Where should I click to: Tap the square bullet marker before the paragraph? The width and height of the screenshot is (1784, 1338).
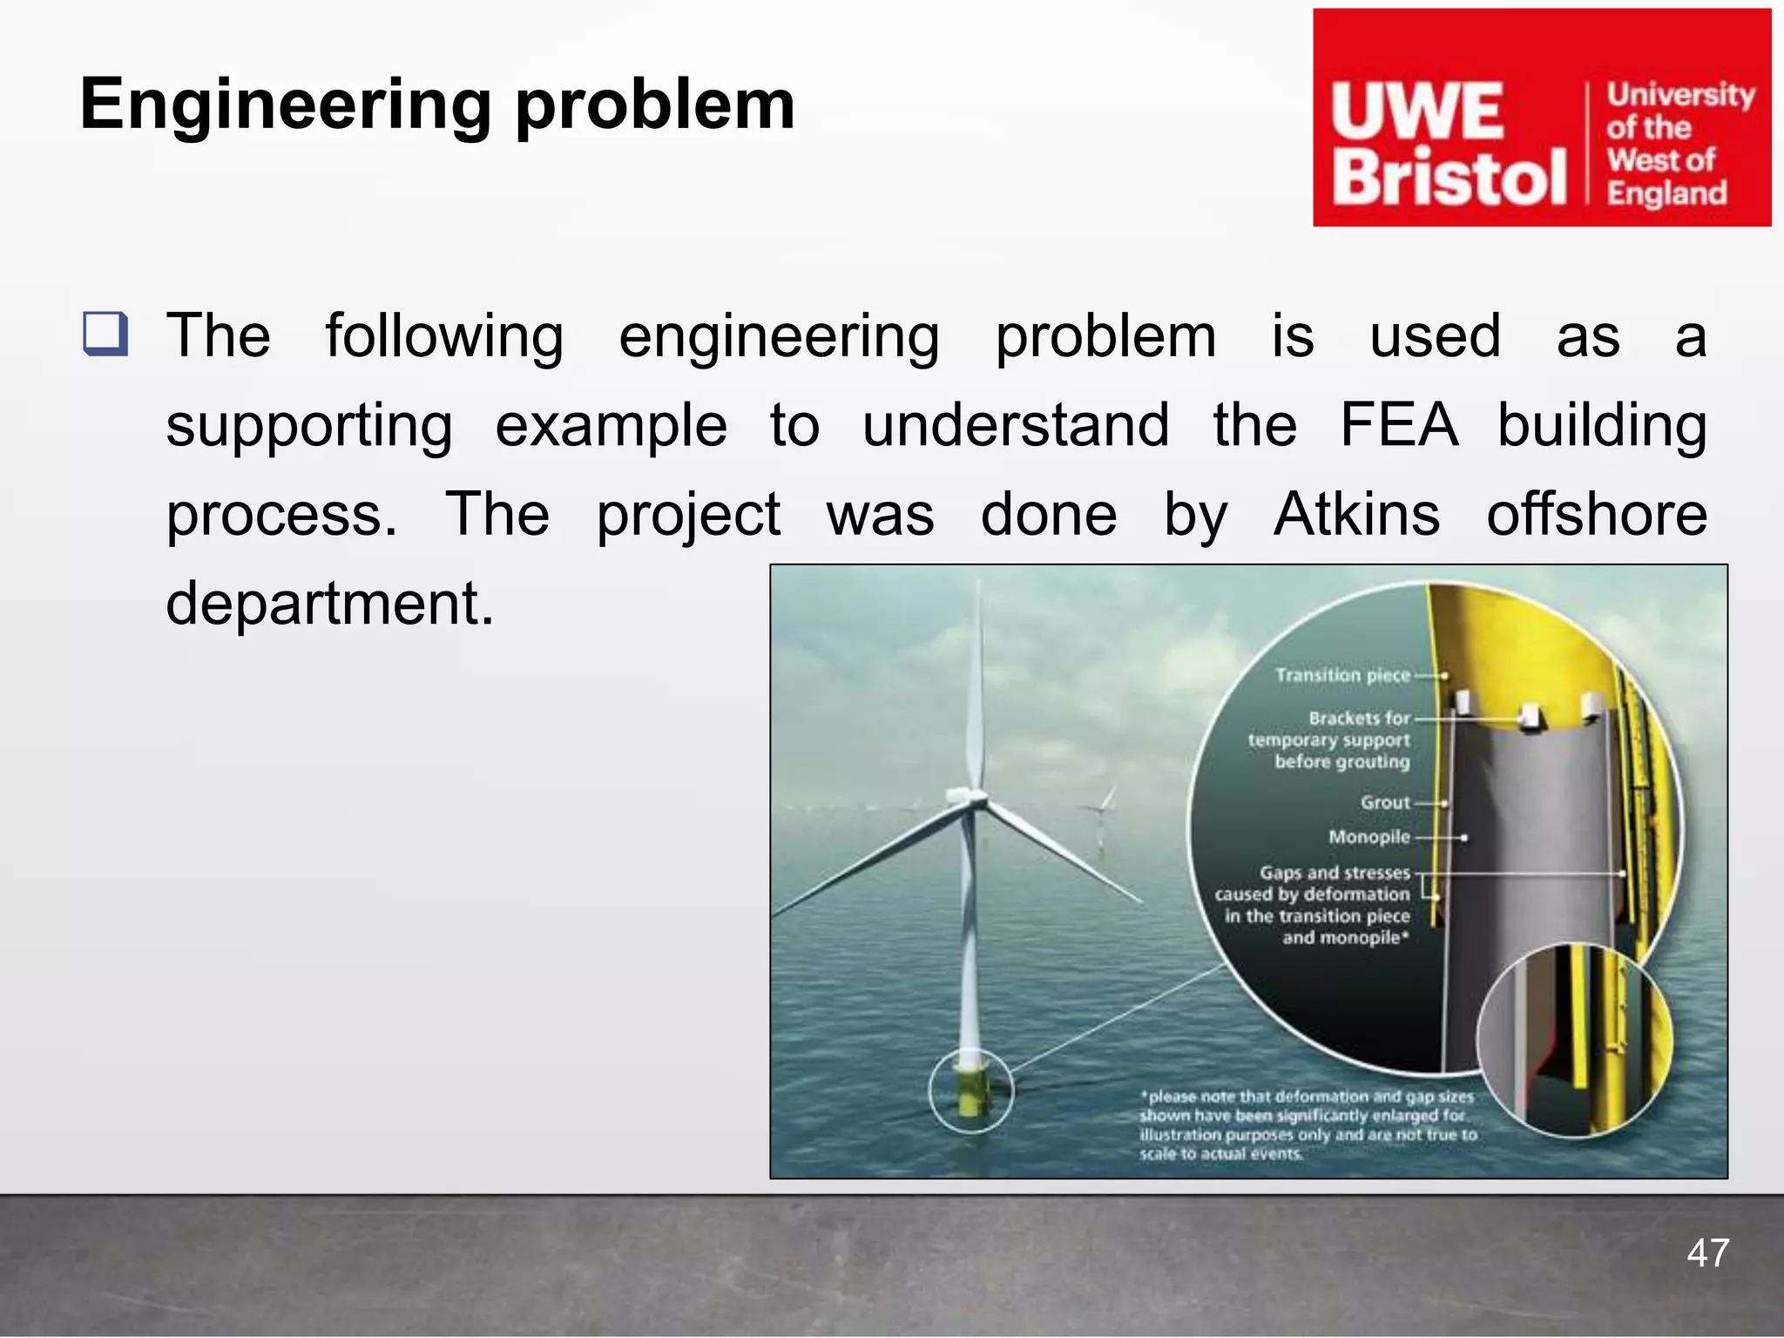click(105, 334)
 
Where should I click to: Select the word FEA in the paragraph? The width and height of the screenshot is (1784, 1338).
click(1398, 425)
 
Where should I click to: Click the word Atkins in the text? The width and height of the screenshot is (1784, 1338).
click(1356, 514)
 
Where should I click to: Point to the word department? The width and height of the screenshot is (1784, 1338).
click(329, 604)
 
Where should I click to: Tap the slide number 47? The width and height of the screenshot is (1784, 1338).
click(1707, 1254)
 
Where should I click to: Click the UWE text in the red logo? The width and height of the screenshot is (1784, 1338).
click(1417, 111)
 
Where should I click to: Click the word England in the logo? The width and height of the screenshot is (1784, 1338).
click(1666, 193)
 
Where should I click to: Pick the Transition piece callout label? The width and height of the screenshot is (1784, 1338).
click(1341, 675)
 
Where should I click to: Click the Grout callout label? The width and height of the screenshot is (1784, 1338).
click(1385, 802)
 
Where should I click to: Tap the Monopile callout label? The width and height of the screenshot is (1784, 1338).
click(1368, 837)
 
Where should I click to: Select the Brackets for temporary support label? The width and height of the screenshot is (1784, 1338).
click(1329, 740)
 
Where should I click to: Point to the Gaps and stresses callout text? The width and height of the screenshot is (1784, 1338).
click(1314, 905)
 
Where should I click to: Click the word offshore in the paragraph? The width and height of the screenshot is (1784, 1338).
click(1596, 514)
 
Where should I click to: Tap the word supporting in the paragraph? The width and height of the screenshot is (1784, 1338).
click(309, 425)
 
